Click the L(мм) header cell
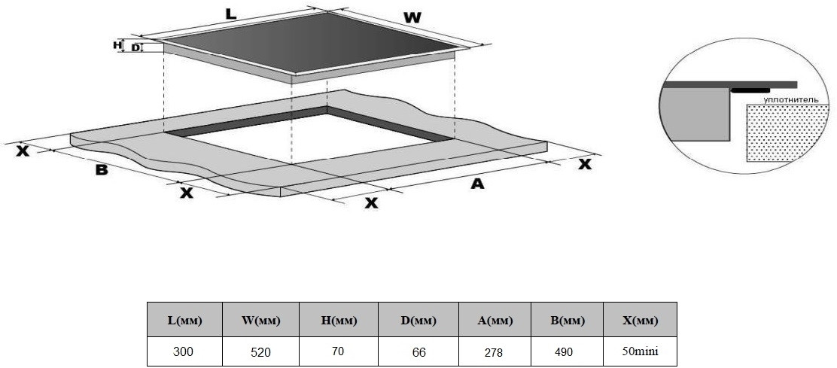click(x=184, y=320)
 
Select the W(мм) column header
click(x=260, y=320)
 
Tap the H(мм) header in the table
click(x=339, y=320)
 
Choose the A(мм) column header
click(x=495, y=320)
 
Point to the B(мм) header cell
click(x=567, y=320)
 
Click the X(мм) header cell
click(x=640, y=320)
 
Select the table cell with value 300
click(x=184, y=351)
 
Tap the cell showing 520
click(x=260, y=351)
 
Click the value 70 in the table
click(x=339, y=351)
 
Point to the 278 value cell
click(x=495, y=351)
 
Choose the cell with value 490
click(x=567, y=351)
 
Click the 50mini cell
click(x=640, y=351)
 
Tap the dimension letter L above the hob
click(x=231, y=14)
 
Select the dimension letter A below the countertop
click(x=476, y=183)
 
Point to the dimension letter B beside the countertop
click(x=101, y=170)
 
